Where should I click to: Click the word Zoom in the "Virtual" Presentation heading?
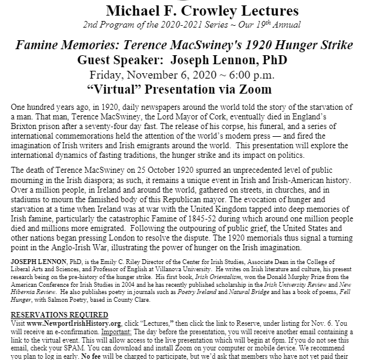tap(254, 89)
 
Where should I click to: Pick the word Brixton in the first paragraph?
tap(25, 128)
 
